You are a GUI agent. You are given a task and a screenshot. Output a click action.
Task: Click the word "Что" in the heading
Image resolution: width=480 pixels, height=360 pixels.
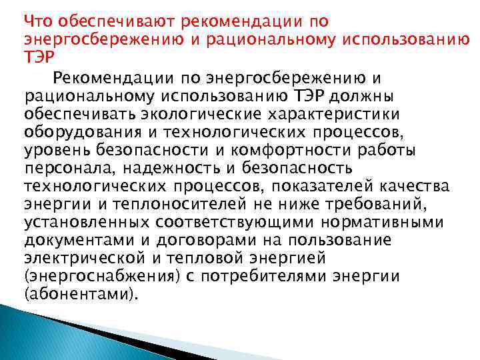tap(36, 21)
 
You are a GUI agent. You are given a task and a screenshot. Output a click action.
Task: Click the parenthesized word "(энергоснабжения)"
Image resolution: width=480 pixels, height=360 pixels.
tap(90, 273)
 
